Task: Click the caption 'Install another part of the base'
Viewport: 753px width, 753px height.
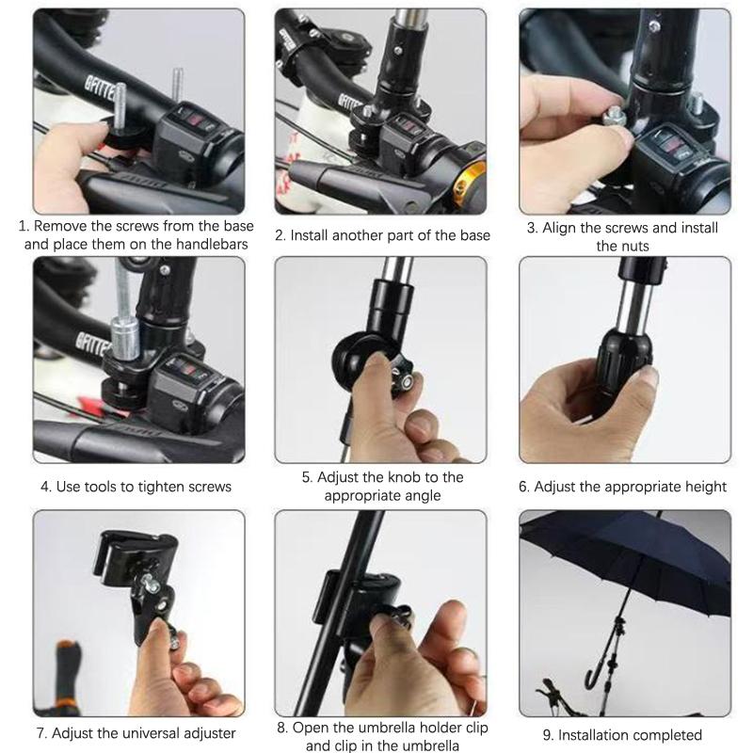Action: click(x=382, y=235)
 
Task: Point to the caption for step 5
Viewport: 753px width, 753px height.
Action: click(x=382, y=486)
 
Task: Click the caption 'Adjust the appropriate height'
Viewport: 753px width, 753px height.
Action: click(x=623, y=487)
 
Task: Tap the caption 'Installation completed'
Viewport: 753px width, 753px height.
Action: click(x=623, y=734)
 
